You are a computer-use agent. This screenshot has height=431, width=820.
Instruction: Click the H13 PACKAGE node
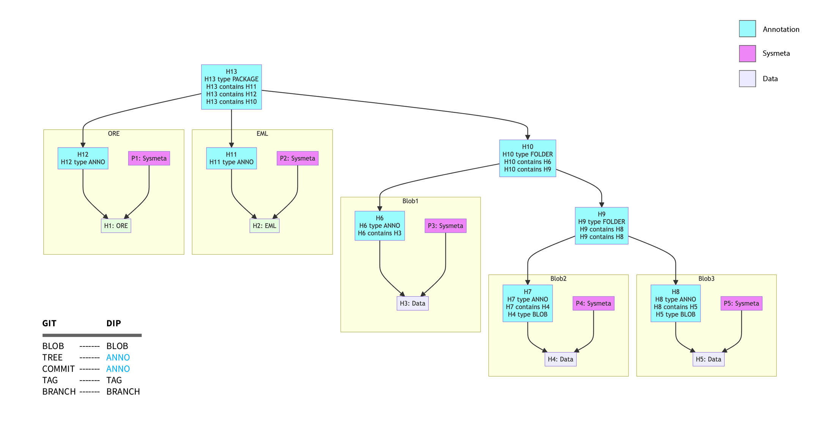pos(231,87)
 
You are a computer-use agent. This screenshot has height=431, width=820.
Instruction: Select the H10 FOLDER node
pos(527,158)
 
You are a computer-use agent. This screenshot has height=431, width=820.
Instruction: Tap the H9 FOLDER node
pos(601,226)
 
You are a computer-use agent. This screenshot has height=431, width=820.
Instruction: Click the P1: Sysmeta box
pos(149,158)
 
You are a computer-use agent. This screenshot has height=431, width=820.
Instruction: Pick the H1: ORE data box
pos(116,226)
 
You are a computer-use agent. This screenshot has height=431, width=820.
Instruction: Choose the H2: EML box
pos(264,226)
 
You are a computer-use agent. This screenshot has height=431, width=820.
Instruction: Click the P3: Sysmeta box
pos(445,226)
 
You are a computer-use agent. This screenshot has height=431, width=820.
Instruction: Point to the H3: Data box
pos(412,304)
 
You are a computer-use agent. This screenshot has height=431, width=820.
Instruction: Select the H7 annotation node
pos(527,303)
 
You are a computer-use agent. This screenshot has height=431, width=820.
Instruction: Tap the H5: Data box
pos(708,359)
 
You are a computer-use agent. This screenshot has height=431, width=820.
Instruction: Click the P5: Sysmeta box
pos(741,304)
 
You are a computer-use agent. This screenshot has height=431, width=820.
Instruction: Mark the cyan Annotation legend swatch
pos(747,29)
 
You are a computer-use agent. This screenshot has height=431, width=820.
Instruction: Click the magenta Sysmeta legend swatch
pos(747,53)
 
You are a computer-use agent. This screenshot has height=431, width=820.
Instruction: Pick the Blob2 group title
pos(558,278)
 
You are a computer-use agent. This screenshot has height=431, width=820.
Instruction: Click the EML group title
pos(262,134)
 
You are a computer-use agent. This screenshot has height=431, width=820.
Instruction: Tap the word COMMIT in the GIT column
pos(58,369)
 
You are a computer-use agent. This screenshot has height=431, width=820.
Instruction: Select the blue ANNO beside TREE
pos(118,357)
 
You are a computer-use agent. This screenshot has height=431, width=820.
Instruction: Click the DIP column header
pos(114,323)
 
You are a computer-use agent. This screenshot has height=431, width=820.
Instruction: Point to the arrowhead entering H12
pos(83,145)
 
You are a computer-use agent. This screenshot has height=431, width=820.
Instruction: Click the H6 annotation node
pos(379,226)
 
